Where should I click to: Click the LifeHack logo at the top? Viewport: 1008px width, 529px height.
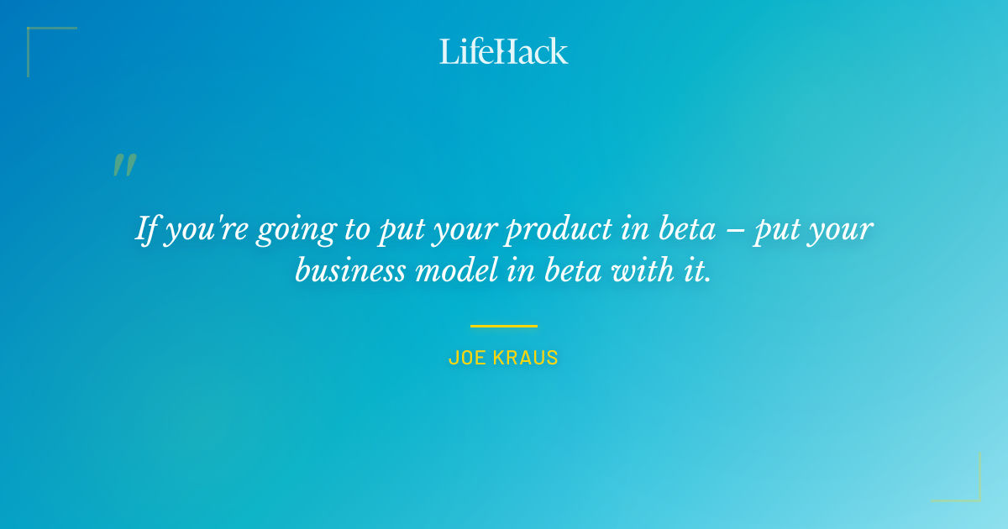pyautogui.click(x=504, y=51)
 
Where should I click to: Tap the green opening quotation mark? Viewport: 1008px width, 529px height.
pyautogui.click(x=124, y=165)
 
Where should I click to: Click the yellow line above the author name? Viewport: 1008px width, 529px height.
pyautogui.click(x=504, y=326)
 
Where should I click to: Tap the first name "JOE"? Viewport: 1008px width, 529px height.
pyautogui.click(x=467, y=358)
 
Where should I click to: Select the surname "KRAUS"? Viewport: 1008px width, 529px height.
pyautogui.click(x=526, y=358)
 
